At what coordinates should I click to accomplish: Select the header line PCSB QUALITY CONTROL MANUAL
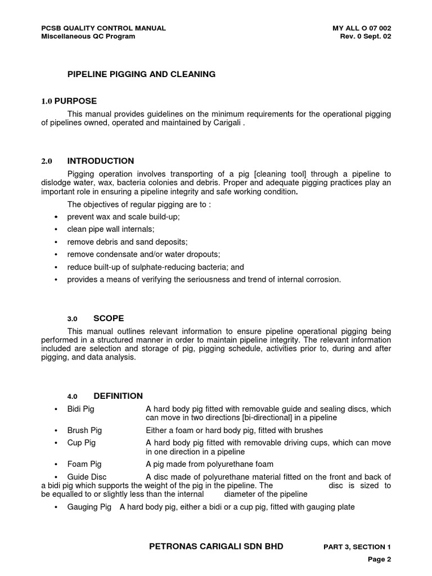click(103, 28)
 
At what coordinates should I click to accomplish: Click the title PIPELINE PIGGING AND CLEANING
click(141, 74)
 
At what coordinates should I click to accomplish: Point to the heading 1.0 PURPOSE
click(69, 101)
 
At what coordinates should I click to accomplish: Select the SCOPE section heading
click(109, 318)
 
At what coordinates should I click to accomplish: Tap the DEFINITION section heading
click(118, 396)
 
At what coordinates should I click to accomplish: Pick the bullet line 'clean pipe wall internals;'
click(110, 229)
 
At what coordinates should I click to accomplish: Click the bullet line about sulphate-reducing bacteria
click(155, 267)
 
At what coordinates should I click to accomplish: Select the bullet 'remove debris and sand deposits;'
click(127, 242)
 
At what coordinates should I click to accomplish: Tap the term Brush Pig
click(85, 430)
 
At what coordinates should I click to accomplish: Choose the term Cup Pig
click(82, 443)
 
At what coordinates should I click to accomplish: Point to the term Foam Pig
click(84, 464)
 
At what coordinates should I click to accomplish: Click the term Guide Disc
click(87, 476)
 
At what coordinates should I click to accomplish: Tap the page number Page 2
click(379, 559)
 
